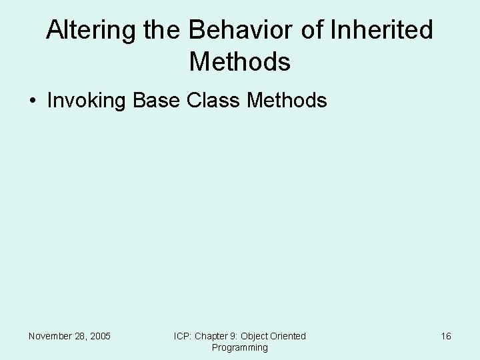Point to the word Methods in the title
pos(240,62)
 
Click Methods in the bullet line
pos(287,101)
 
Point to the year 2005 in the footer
pos(100,336)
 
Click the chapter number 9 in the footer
pos(233,336)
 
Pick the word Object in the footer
pos(255,336)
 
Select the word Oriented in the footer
pos(289,336)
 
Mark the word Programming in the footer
pos(240,347)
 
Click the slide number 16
pos(446,336)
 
